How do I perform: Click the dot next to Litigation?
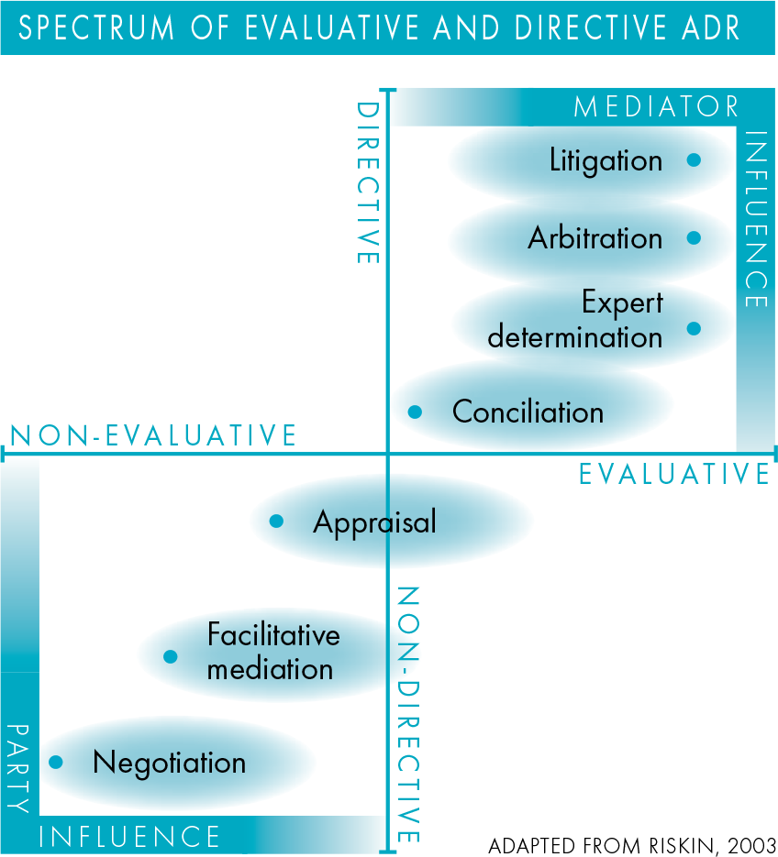(x=694, y=159)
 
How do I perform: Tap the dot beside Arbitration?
(x=694, y=237)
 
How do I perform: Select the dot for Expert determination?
(x=694, y=328)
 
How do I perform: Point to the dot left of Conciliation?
(x=415, y=412)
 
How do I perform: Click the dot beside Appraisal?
(x=276, y=521)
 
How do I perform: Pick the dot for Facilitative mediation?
(x=170, y=656)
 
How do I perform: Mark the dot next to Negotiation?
(x=56, y=762)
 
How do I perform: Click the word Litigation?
(x=606, y=161)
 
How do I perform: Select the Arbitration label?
(x=595, y=237)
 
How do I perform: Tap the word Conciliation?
(x=528, y=412)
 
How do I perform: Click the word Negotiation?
(x=170, y=763)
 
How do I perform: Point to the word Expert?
(x=623, y=302)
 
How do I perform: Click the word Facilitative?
(x=273, y=634)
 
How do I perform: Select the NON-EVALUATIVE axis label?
(x=153, y=435)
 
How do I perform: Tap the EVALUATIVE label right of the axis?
(x=674, y=474)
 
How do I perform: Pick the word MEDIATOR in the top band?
(x=657, y=106)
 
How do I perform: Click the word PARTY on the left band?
(x=18, y=769)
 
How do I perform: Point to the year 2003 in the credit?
(x=751, y=845)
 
